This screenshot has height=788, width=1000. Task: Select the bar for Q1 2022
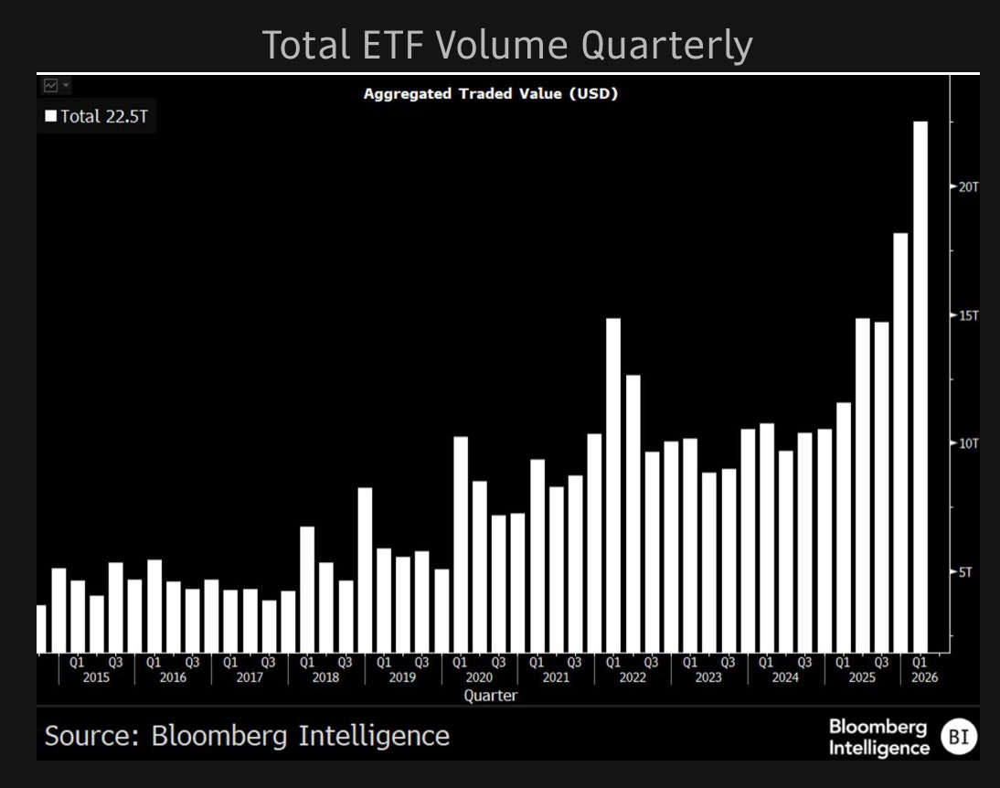click(613, 485)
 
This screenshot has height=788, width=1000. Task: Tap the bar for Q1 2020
click(461, 544)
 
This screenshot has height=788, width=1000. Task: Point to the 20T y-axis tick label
click(968, 186)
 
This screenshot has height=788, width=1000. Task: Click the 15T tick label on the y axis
click(968, 315)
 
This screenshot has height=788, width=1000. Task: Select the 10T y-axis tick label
click(968, 443)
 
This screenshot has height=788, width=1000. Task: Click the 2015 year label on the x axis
click(95, 677)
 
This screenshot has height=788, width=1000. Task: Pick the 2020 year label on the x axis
click(479, 677)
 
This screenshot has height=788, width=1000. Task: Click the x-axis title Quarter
click(490, 696)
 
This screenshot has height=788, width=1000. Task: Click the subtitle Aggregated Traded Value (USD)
click(490, 93)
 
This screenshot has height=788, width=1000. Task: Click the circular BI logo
click(960, 736)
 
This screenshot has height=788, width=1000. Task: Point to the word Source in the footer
click(89, 735)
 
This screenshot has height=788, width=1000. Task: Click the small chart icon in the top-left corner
click(51, 85)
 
